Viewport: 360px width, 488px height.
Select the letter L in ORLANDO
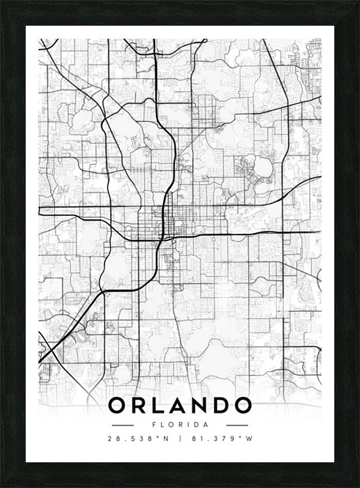coord(162,406)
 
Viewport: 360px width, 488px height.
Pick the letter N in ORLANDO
coord(205,406)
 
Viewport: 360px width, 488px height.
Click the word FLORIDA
coord(180,425)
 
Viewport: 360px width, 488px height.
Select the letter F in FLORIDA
coord(155,425)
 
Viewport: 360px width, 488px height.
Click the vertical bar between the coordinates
coord(180,440)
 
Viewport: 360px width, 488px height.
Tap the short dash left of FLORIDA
coord(123,425)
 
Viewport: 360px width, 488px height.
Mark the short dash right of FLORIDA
coord(237,425)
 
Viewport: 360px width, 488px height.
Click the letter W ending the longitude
coord(249,440)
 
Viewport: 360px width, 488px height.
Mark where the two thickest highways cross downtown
coord(163,237)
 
